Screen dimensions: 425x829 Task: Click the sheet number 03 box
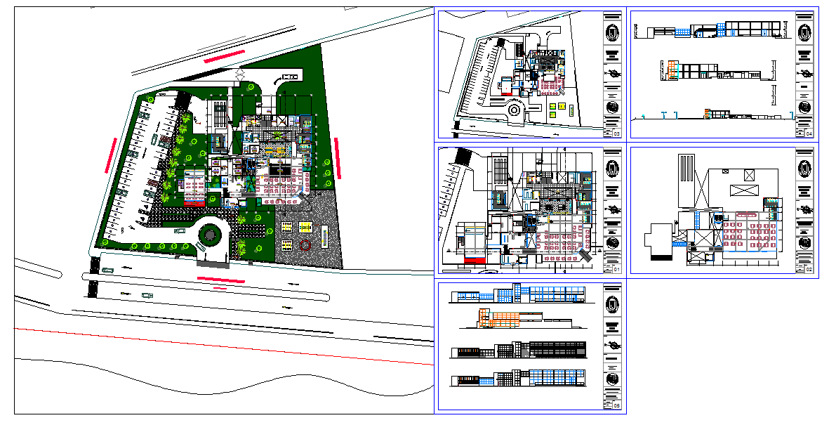[x=617, y=133]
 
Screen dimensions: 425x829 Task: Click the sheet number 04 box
[x=809, y=133]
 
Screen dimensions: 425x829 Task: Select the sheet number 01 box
[x=617, y=269]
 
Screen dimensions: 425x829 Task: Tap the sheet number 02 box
[x=809, y=269]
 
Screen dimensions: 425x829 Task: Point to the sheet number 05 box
[x=617, y=406]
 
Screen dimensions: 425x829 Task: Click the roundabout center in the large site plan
[x=210, y=235]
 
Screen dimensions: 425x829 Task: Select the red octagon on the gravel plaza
[x=305, y=245]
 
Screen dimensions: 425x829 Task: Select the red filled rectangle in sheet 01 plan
[x=475, y=261]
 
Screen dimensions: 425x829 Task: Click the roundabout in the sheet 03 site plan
[x=515, y=110]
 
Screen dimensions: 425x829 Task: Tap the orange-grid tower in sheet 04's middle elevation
[x=672, y=70]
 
